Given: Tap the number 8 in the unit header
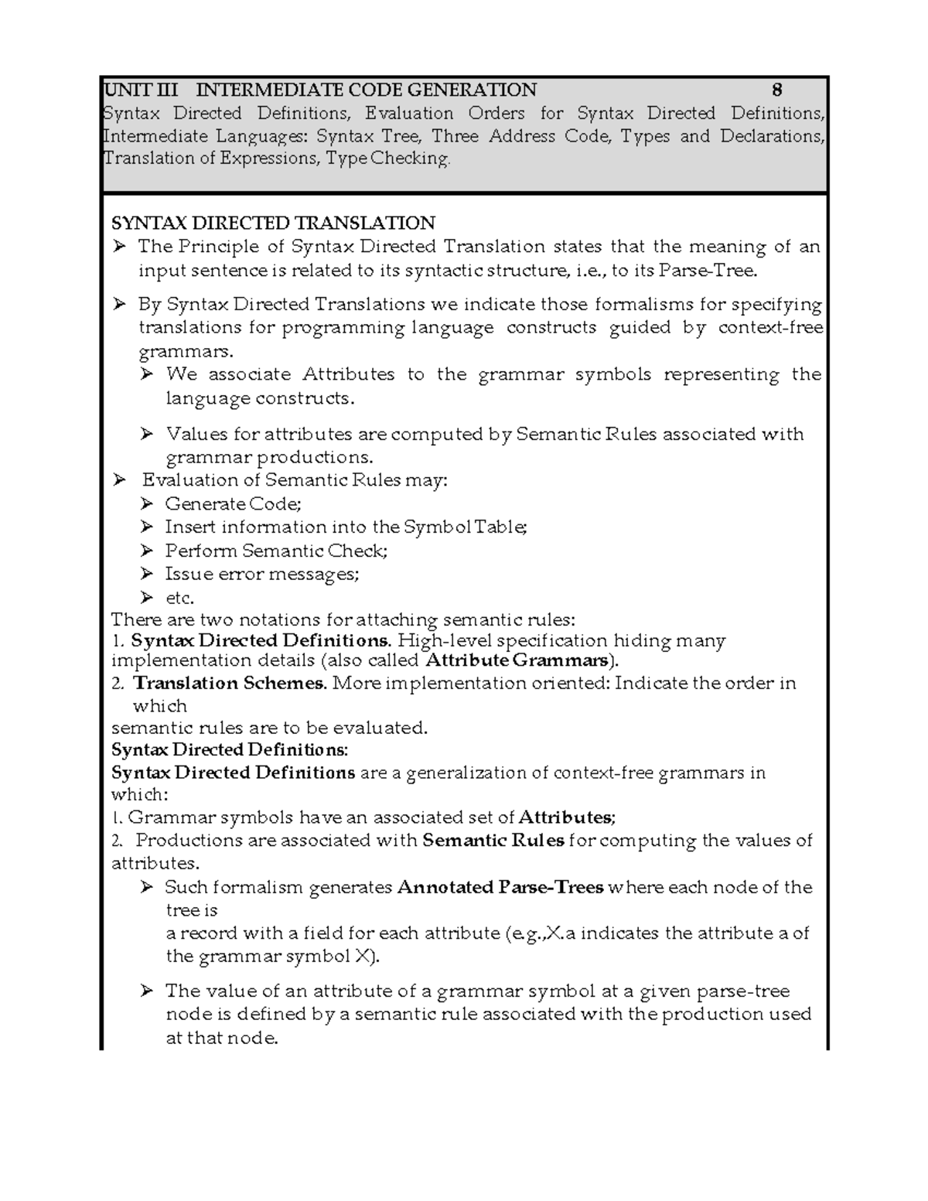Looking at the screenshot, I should (x=777, y=90).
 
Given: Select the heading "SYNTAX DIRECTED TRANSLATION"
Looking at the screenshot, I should (x=273, y=223).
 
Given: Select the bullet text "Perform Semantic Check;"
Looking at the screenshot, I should (x=276, y=551).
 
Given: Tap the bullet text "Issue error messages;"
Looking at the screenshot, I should (x=262, y=574).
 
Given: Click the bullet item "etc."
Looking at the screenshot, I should (x=179, y=598).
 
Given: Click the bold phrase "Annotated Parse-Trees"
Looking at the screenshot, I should (x=500, y=887).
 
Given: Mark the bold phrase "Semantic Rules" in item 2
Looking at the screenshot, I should (x=493, y=841).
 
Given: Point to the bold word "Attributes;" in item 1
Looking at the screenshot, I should (x=566, y=817).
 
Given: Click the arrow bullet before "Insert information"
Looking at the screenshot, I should (x=147, y=527).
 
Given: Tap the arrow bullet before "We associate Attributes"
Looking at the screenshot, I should (x=147, y=375).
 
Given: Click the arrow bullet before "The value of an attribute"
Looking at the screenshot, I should (x=147, y=991).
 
